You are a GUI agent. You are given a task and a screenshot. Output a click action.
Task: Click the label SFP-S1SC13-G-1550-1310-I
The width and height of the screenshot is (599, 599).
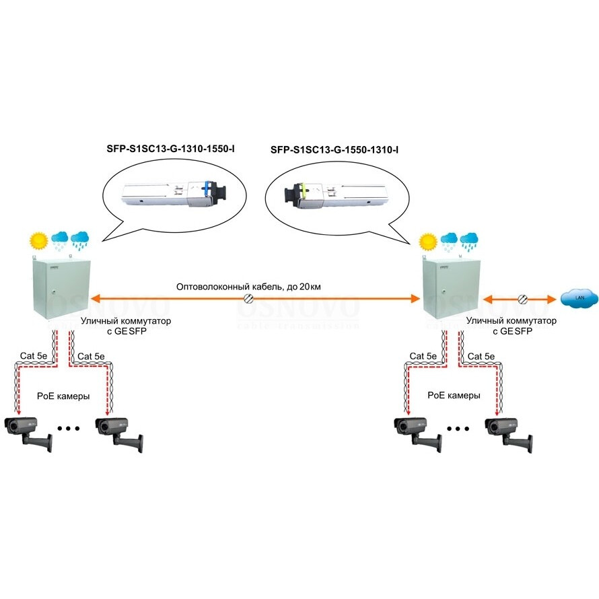tap(334, 149)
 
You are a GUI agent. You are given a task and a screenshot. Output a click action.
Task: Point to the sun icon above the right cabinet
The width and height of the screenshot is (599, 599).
tap(427, 241)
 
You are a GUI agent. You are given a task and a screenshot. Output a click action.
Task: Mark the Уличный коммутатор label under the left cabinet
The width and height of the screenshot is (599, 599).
tap(127, 322)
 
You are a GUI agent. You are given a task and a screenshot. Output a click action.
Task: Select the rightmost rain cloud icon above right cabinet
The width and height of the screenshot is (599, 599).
tap(469, 240)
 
